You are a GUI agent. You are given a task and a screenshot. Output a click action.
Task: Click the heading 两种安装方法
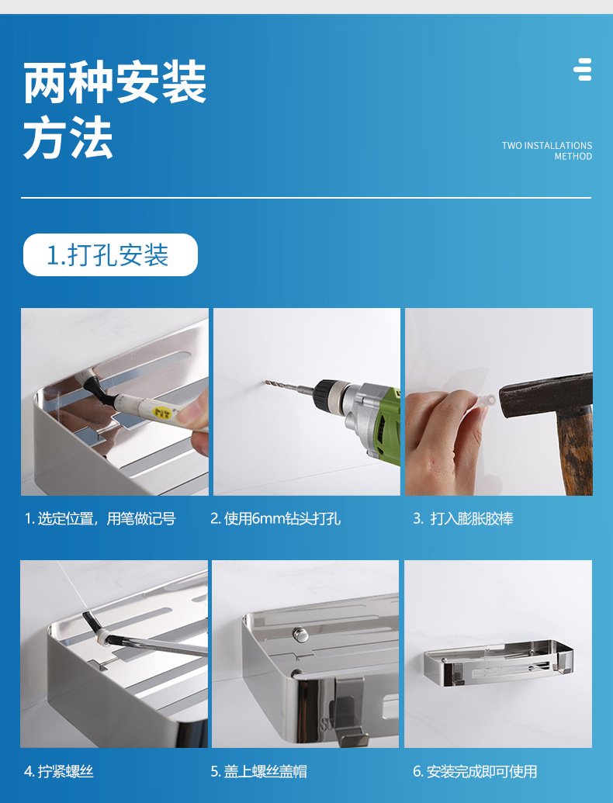point(115,109)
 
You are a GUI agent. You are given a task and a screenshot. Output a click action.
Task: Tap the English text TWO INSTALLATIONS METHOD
point(546,151)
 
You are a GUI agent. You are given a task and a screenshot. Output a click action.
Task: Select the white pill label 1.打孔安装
point(110,254)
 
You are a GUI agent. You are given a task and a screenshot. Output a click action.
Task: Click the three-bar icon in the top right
point(582,69)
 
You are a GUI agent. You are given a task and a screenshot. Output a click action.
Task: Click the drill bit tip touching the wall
point(266,382)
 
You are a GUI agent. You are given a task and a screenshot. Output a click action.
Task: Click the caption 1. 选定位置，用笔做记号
point(100,519)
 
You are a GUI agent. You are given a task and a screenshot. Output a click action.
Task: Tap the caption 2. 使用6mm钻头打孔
point(275,519)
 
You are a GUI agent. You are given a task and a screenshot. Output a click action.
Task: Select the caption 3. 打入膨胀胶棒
point(463,519)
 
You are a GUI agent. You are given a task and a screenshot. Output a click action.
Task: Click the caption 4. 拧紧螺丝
point(58,771)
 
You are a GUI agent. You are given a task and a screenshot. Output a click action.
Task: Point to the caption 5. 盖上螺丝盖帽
point(258,771)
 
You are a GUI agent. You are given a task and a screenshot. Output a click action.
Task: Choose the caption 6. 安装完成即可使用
point(475,771)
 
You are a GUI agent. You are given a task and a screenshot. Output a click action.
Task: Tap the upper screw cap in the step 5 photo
point(299,634)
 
